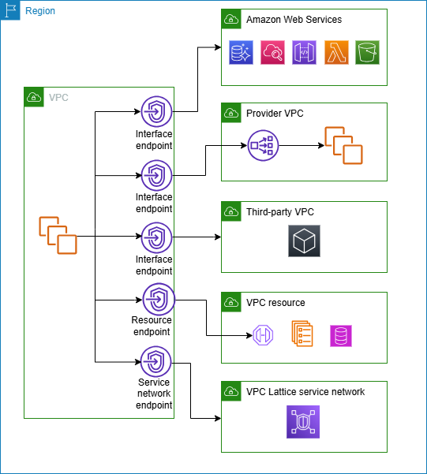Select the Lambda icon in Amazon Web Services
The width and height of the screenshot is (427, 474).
336,53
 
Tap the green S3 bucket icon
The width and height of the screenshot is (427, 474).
368,53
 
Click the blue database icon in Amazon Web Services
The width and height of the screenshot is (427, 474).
241,53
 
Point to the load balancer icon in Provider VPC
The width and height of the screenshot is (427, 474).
260,145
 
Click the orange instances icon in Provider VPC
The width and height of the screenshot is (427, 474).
343,145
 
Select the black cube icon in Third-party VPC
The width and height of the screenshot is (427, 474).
304,240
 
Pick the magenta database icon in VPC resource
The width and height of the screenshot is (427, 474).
341,336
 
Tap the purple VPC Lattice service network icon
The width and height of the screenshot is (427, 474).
303,421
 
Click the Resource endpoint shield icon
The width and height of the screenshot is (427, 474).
158,300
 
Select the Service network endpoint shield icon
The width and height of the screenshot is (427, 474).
155,361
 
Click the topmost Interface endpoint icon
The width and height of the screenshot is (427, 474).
155,111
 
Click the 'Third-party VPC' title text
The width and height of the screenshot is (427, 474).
280,212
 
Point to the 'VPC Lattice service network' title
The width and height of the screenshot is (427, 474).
305,391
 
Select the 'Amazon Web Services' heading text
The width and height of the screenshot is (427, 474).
294,19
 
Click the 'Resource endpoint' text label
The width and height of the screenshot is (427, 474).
153,327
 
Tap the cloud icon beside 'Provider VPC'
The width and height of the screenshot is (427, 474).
231,114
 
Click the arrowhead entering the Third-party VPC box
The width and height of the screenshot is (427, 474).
217,236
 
